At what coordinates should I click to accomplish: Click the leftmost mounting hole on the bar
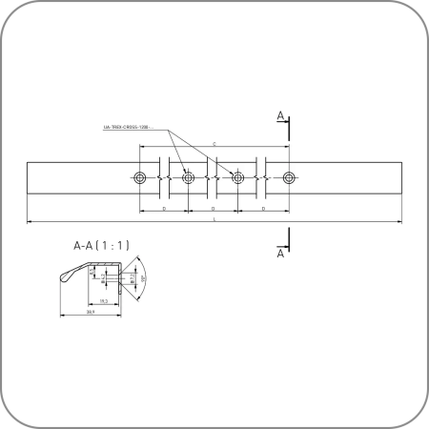pos(140,178)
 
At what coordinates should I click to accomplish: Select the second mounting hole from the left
pos(188,178)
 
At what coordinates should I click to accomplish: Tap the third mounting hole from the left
pos(238,178)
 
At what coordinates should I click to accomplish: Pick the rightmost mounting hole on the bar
pos(288,178)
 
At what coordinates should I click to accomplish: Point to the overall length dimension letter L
pos(214,219)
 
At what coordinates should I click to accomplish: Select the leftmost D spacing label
pos(164,206)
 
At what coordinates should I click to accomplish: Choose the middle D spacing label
pos(213,206)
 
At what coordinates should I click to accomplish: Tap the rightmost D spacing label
pos(263,206)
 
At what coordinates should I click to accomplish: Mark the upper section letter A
pos(280,115)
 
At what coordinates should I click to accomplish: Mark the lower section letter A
pos(280,255)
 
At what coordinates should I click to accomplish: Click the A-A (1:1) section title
pos(100,245)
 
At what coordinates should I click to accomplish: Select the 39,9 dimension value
pos(90,312)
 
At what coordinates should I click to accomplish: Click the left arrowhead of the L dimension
pos(29,222)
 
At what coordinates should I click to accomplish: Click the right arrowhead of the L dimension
pos(401,222)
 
